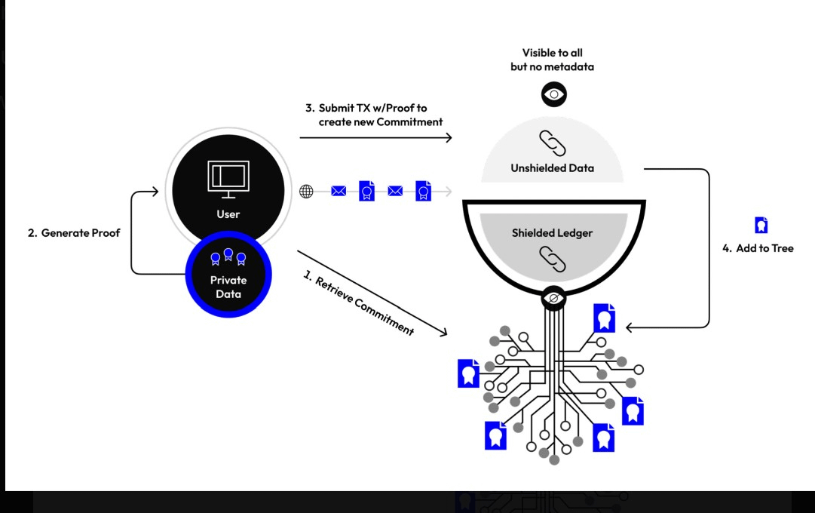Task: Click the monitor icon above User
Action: click(228, 179)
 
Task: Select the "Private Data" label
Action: click(228, 287)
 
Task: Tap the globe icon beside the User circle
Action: click(306, 192)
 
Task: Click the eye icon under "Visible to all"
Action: click(553, 94)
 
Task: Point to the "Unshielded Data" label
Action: click(552, 168)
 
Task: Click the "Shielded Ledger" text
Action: click(552, 233)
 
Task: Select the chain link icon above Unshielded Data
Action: click(552, 143)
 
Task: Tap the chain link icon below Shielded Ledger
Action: click(552, 259)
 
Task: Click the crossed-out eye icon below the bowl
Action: click(553, 298)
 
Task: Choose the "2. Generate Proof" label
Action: click(74, 233)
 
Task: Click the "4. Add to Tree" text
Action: click(758, 249)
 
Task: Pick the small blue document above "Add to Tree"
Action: click(761, 225)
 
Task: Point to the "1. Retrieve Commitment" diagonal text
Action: click(359, 303)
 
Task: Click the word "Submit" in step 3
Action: click(335, 108)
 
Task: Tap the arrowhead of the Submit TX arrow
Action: click(449, 137)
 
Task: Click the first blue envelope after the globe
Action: click(339, 192)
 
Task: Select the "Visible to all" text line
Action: click(552, 53)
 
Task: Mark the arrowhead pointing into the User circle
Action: click(155, 192)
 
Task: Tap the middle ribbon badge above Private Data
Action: click(228, 254)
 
